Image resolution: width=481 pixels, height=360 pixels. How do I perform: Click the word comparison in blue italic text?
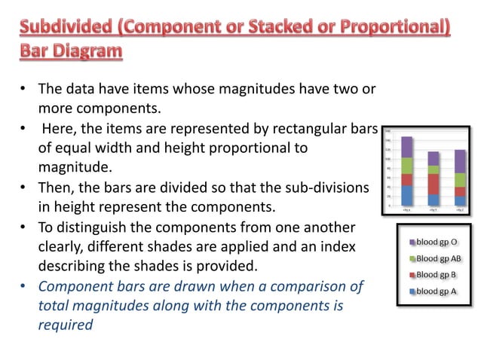(299, 286)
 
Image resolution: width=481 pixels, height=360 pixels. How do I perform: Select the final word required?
(65, 325)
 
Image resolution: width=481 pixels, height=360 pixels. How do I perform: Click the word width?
(127, 148)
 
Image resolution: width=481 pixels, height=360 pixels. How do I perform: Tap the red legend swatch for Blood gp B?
(412, 275)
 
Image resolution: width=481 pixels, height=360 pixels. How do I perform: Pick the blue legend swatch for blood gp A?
(412, 291)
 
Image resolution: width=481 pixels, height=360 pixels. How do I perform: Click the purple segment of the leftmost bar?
(407, 147)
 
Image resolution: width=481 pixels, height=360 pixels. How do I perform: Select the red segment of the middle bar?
(433, 184)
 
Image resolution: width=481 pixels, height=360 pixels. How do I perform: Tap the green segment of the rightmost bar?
(460, 179)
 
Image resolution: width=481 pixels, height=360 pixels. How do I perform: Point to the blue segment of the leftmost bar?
(407, 195)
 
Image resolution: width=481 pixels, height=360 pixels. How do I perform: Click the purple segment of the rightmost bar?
(460, 160)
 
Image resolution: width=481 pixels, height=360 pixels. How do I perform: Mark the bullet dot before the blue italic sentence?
(23, 286)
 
